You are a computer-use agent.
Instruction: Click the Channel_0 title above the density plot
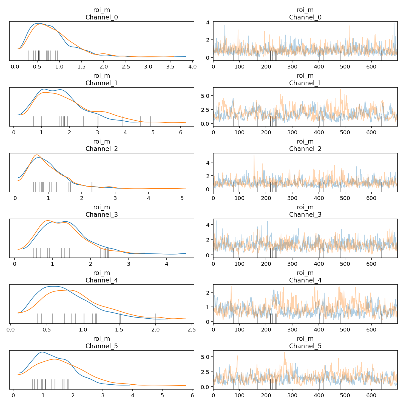pyautogui.click(x=102, y=18)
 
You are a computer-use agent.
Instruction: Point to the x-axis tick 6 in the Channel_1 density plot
pyautogui.click(x=180, y=133)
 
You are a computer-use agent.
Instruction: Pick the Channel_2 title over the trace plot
pyautogui.click(x=305, y=149)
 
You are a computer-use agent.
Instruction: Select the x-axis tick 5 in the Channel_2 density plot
pyautogui.click(x=182, y=198)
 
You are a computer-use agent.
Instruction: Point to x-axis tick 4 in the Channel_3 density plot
pyautogui.click(x=167, y=264)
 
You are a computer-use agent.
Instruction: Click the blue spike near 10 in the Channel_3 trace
pyautogui.click(x=216, y=221)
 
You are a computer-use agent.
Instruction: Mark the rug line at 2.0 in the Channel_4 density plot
pyautogui.click(x=156, y=318)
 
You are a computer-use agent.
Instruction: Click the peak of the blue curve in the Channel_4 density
pyautogui.click(x=53, y=286)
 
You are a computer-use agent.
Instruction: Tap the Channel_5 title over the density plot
pyautogui.click(x=102, y=346)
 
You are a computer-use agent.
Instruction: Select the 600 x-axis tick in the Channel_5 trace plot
pyautogui.click(x=371, y=396)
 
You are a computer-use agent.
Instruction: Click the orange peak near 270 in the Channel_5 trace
pyautogui.click(x=284, y=353)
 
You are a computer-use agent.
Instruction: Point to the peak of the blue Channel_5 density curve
pyautogui.click(x=42, y=352)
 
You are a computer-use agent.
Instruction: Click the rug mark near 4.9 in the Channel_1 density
pyautogui.click(x=150, y=121)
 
